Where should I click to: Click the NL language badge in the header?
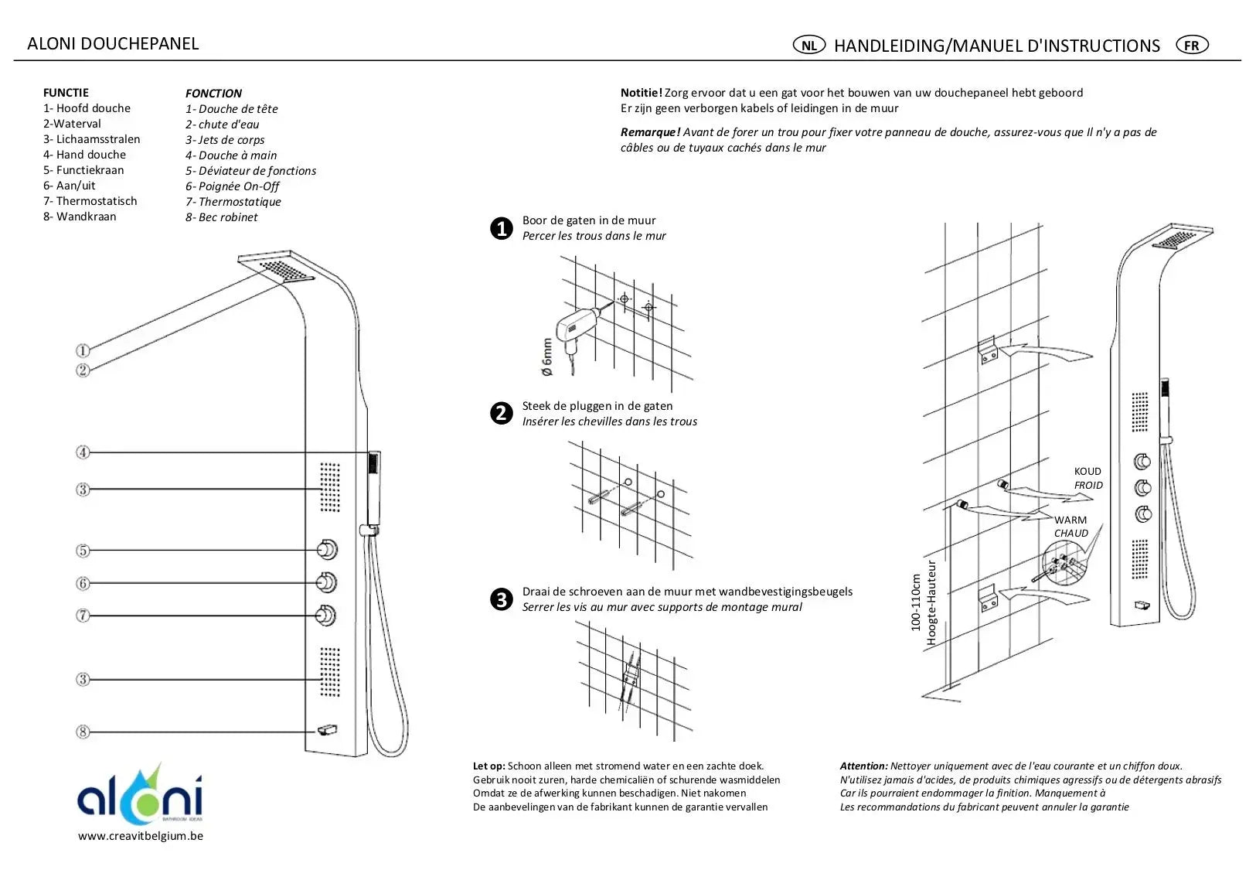[808, 45]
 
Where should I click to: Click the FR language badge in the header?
[1191, 45]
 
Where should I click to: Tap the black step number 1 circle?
[502, 228]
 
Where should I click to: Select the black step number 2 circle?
[502, 413]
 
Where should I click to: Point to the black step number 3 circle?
[502, 599]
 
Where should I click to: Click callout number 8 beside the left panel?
[83, 732]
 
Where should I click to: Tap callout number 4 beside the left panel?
[83, 452]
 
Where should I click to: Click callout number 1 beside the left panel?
[83, 351]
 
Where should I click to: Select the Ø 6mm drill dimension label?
[547, 357]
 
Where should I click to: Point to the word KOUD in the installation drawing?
[1088, 471]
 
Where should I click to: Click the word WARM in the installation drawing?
[1070, 520]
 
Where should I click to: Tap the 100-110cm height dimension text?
[916, 602]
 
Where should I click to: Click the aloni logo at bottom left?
[140, 795]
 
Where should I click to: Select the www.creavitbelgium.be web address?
[141, 836]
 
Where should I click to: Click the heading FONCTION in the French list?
[213, 93]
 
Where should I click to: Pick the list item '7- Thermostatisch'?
[90, 201]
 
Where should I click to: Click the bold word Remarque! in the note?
[650, 132]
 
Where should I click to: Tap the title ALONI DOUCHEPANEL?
[113, 43]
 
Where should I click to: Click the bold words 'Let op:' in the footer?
[488, 766]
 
